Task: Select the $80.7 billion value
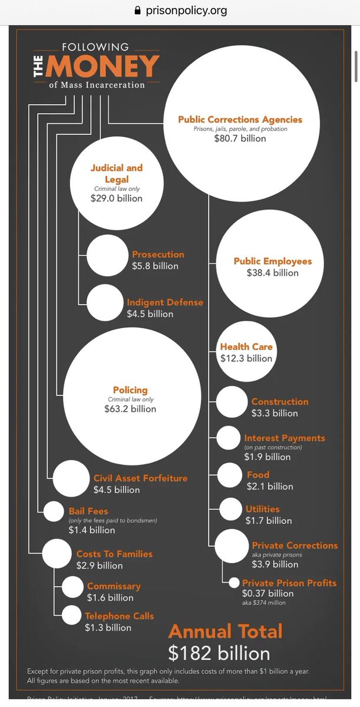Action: tap(240, 138)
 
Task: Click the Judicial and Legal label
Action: tap(117, 173)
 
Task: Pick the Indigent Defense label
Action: tap(165, 302)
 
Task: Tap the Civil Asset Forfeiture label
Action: tap(140, 478)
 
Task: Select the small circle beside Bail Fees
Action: tap(54, 511)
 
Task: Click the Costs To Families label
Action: tap(114, 554)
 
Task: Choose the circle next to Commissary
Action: tap(73, 587)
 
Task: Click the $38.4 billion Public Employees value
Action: tap(273, 273)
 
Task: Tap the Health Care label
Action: tap(246, 347)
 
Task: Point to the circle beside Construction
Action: tap(232, 402)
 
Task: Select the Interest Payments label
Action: tap(285, 438)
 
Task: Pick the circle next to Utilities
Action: tap(228, 508)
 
